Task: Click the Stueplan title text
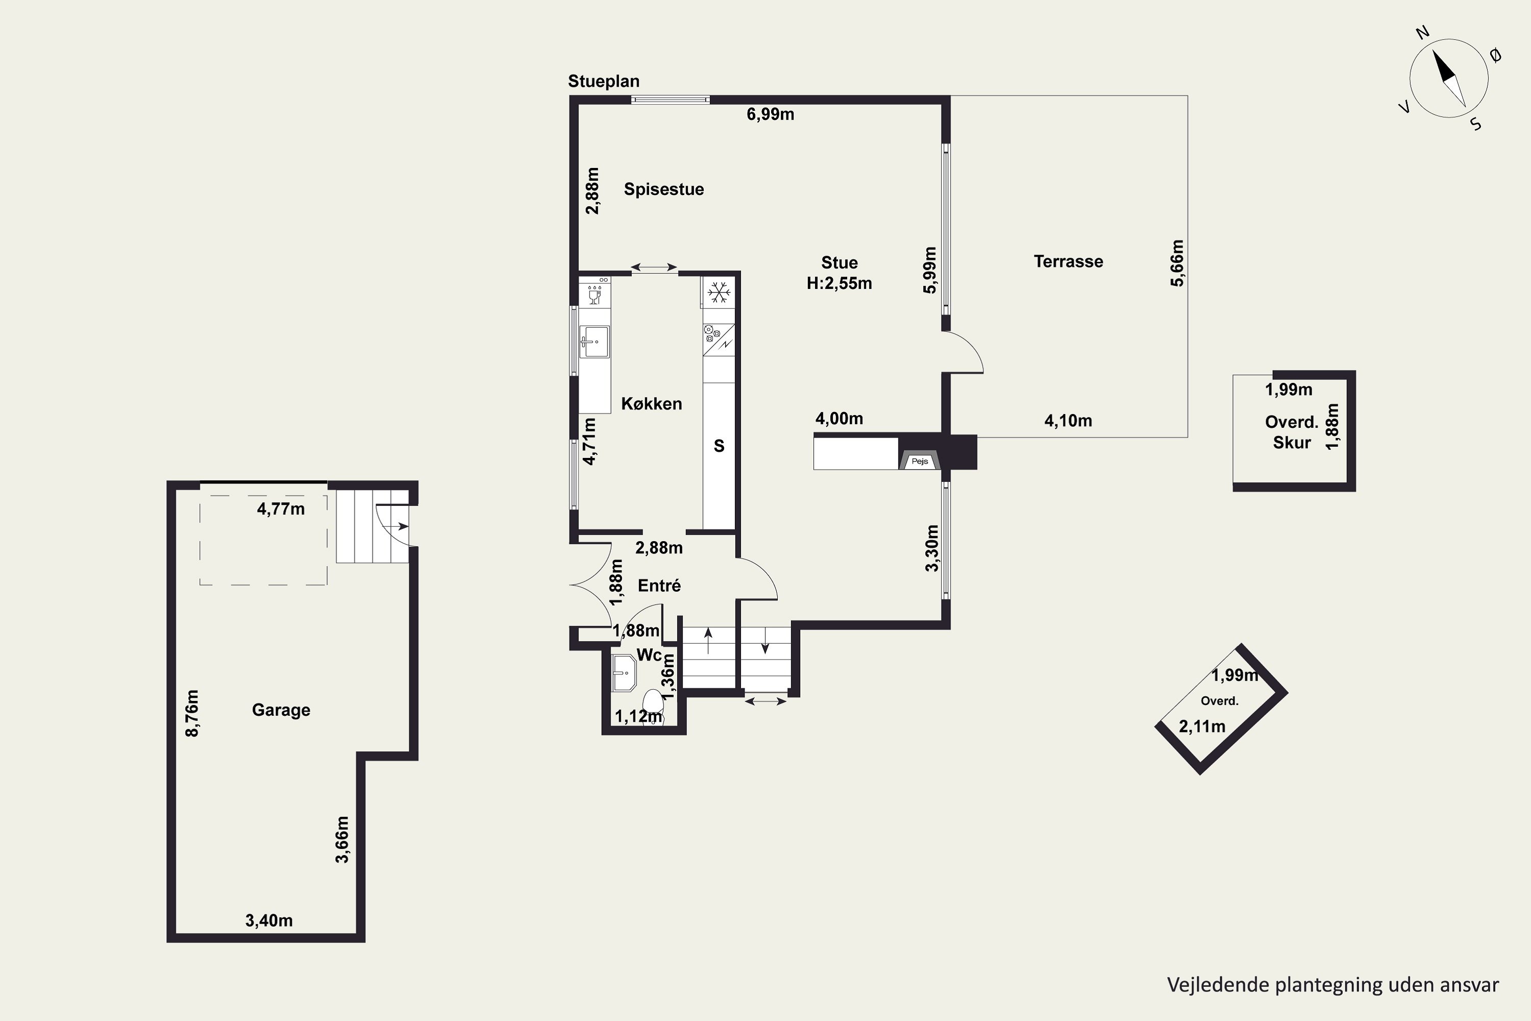603,81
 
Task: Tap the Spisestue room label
664,189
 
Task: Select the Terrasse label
1068,262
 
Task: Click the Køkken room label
652,404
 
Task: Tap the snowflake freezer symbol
719,293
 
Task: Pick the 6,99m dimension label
770,114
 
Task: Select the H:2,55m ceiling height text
839,283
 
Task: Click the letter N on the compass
1422,51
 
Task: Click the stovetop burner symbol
711,334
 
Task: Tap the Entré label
659,586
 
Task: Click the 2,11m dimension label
1202,726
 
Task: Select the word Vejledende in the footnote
1218,985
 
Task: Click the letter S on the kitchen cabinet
719,446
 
